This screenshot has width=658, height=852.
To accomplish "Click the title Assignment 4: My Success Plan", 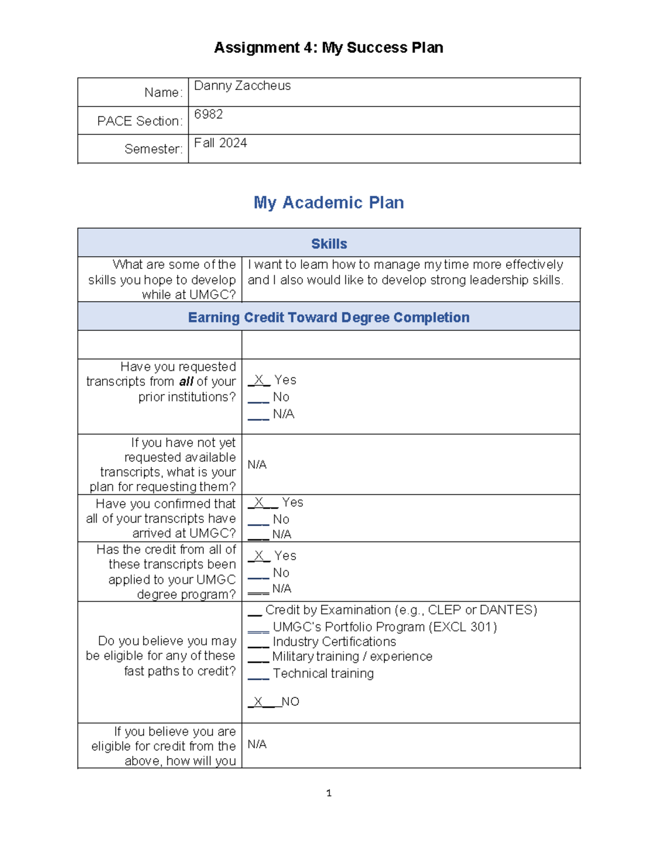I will point(328,48).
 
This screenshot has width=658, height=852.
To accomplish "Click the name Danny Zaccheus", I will point(242,86).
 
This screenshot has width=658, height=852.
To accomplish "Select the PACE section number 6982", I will point(208,114).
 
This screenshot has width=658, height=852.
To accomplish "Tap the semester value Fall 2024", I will point(220,143).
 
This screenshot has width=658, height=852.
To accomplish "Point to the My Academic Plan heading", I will point(328,202).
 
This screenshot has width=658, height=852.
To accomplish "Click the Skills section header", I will point(329,244).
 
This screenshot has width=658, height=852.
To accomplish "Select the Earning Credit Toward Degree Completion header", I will point(328,318).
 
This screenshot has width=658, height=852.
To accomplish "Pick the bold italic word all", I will point(186,381).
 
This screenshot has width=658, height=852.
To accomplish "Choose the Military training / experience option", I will point(352,656).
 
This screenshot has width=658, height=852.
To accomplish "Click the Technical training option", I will point(323,673).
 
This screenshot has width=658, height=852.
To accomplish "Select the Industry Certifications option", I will point(334,641).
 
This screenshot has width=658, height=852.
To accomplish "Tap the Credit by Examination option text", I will point(401,610).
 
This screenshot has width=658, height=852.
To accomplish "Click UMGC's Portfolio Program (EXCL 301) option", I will point(384,627).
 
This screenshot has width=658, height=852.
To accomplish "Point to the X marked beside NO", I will point(258,701).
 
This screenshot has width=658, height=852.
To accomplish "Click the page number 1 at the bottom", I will point(328,793).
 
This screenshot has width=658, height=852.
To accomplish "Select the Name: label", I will point(163,93).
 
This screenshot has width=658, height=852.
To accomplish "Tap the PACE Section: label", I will point(139,121).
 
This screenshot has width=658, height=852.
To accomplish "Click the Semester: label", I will point(153,149).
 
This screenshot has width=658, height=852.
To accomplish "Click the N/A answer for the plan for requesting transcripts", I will point(257,465).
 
